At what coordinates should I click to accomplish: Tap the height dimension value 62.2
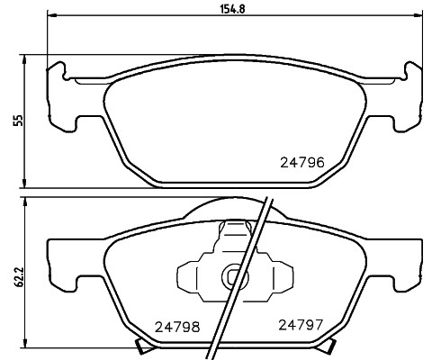click(x=14, y=274)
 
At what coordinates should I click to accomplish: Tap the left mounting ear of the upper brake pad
click(x=61, y=94)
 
